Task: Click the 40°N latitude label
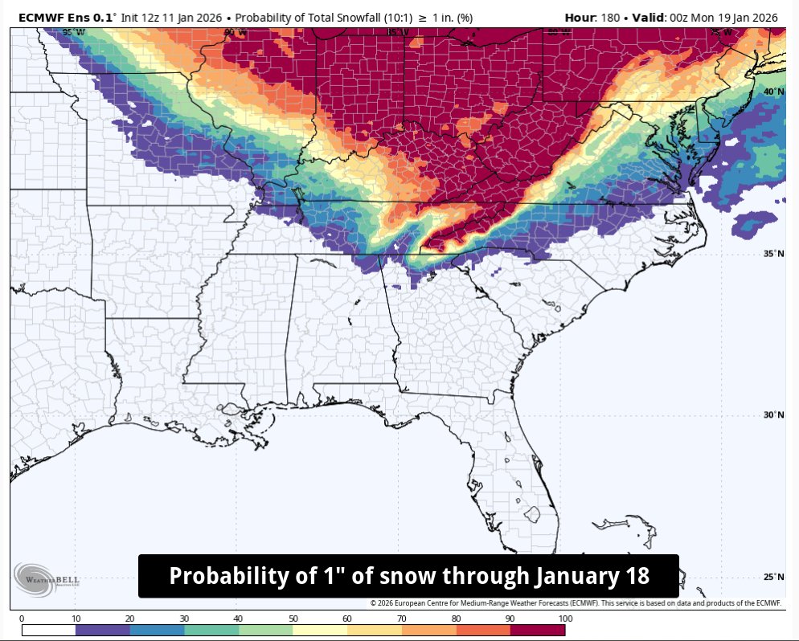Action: (x=773, y=92)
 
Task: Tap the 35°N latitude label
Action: (x=773, y=254)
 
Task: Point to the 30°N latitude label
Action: (x=773, y=415)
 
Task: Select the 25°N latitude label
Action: (x=773, y=578)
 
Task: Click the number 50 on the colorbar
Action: (x=293, y=619)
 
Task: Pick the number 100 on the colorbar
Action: (x=564, y=619)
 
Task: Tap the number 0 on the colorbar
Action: (x=22, y=619)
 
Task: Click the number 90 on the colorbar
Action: (x=510, y=619)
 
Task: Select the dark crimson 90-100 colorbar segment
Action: (x=538, y=631)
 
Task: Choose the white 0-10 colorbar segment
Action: (x=48, y=631)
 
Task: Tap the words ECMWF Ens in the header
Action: (x=56, y=17)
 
